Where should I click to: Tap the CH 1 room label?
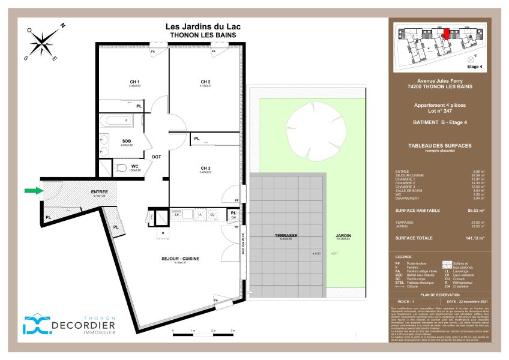pos(134,82)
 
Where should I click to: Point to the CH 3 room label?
pos(205,167)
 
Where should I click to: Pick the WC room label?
pos(136,166)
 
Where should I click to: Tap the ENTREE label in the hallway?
pos(99,192)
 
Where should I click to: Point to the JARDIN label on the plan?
pos(343,236)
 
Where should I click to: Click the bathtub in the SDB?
pos(117,121)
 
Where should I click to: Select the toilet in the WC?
pos(120,167)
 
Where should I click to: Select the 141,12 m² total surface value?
pos(474,238)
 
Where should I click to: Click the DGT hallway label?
pos(157,157)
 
